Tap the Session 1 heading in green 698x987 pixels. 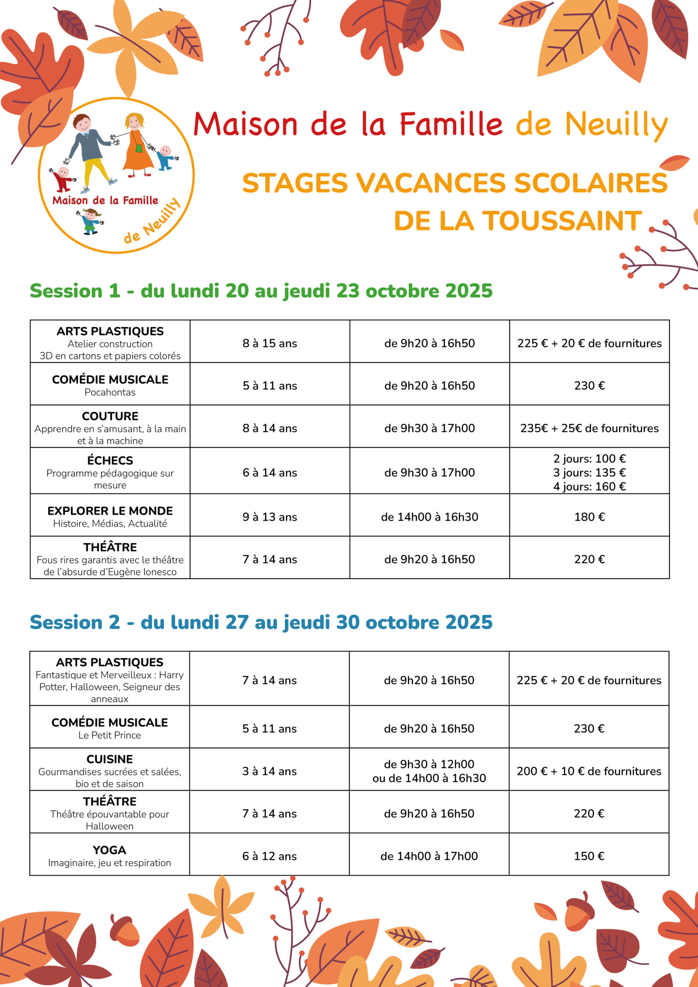coord(261,291)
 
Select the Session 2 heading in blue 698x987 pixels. coord(261,622)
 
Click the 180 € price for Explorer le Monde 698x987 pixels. coord(589,517)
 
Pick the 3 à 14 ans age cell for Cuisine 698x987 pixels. coord(269,771)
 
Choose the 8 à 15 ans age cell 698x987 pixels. coord(270,343)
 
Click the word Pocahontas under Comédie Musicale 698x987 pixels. coord(110,392)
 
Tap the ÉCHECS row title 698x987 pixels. coord(110,460)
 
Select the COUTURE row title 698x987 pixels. coord(110,416)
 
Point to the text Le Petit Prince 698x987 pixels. coord(110,735)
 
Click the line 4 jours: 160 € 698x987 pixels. coord(589,487)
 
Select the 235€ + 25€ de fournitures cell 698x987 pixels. coord(589,428)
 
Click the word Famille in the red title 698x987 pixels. coord(451,124)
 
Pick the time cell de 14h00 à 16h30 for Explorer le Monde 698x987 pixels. coord(429,517)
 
